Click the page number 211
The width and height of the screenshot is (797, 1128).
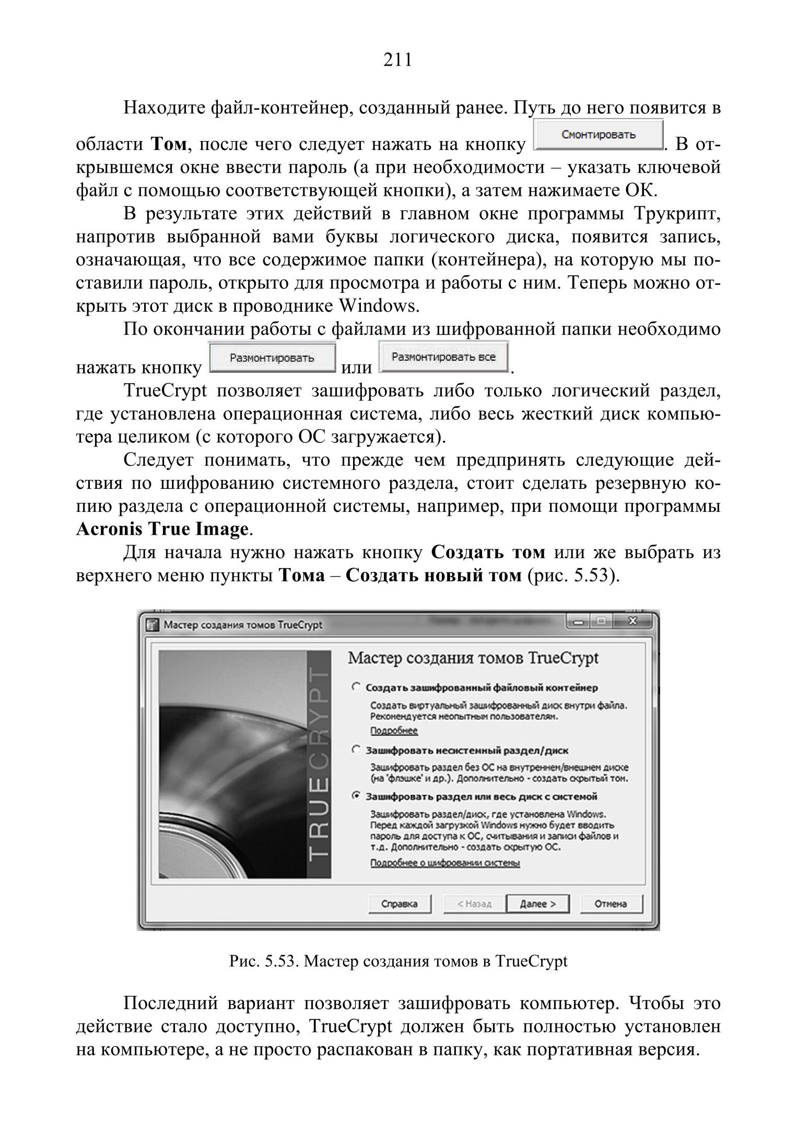click(398, 61)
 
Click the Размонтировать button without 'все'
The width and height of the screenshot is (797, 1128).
click(272, 358)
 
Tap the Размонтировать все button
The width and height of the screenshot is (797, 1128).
click(443, 358)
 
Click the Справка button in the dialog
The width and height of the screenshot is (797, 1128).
click(400, 904)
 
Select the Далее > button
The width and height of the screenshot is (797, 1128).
click(537, 904)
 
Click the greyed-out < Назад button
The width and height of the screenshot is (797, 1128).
click(474, 904)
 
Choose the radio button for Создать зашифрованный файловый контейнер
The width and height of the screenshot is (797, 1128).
click(356, 687)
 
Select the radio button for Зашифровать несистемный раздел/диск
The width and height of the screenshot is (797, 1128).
click(356, 750)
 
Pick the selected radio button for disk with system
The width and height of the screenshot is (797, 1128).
click(356, 796)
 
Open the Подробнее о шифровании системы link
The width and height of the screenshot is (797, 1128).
click(444, 863)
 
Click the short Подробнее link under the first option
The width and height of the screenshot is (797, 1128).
click(394, 731)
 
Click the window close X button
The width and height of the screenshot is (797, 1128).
click(633, 621)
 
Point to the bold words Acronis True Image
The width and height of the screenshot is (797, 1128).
click(162, 530)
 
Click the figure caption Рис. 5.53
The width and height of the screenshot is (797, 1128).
click(398, 961)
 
